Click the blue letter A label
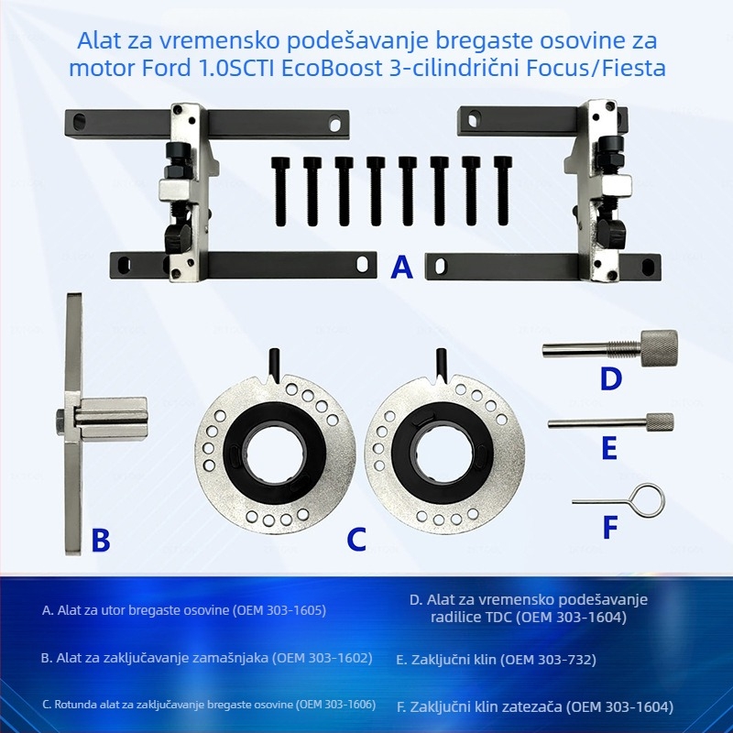[401, 268]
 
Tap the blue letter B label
[100, 541]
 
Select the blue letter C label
[356, 541]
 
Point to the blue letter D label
[610, 379]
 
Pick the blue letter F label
[609, 527]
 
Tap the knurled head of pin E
[659, 422]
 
